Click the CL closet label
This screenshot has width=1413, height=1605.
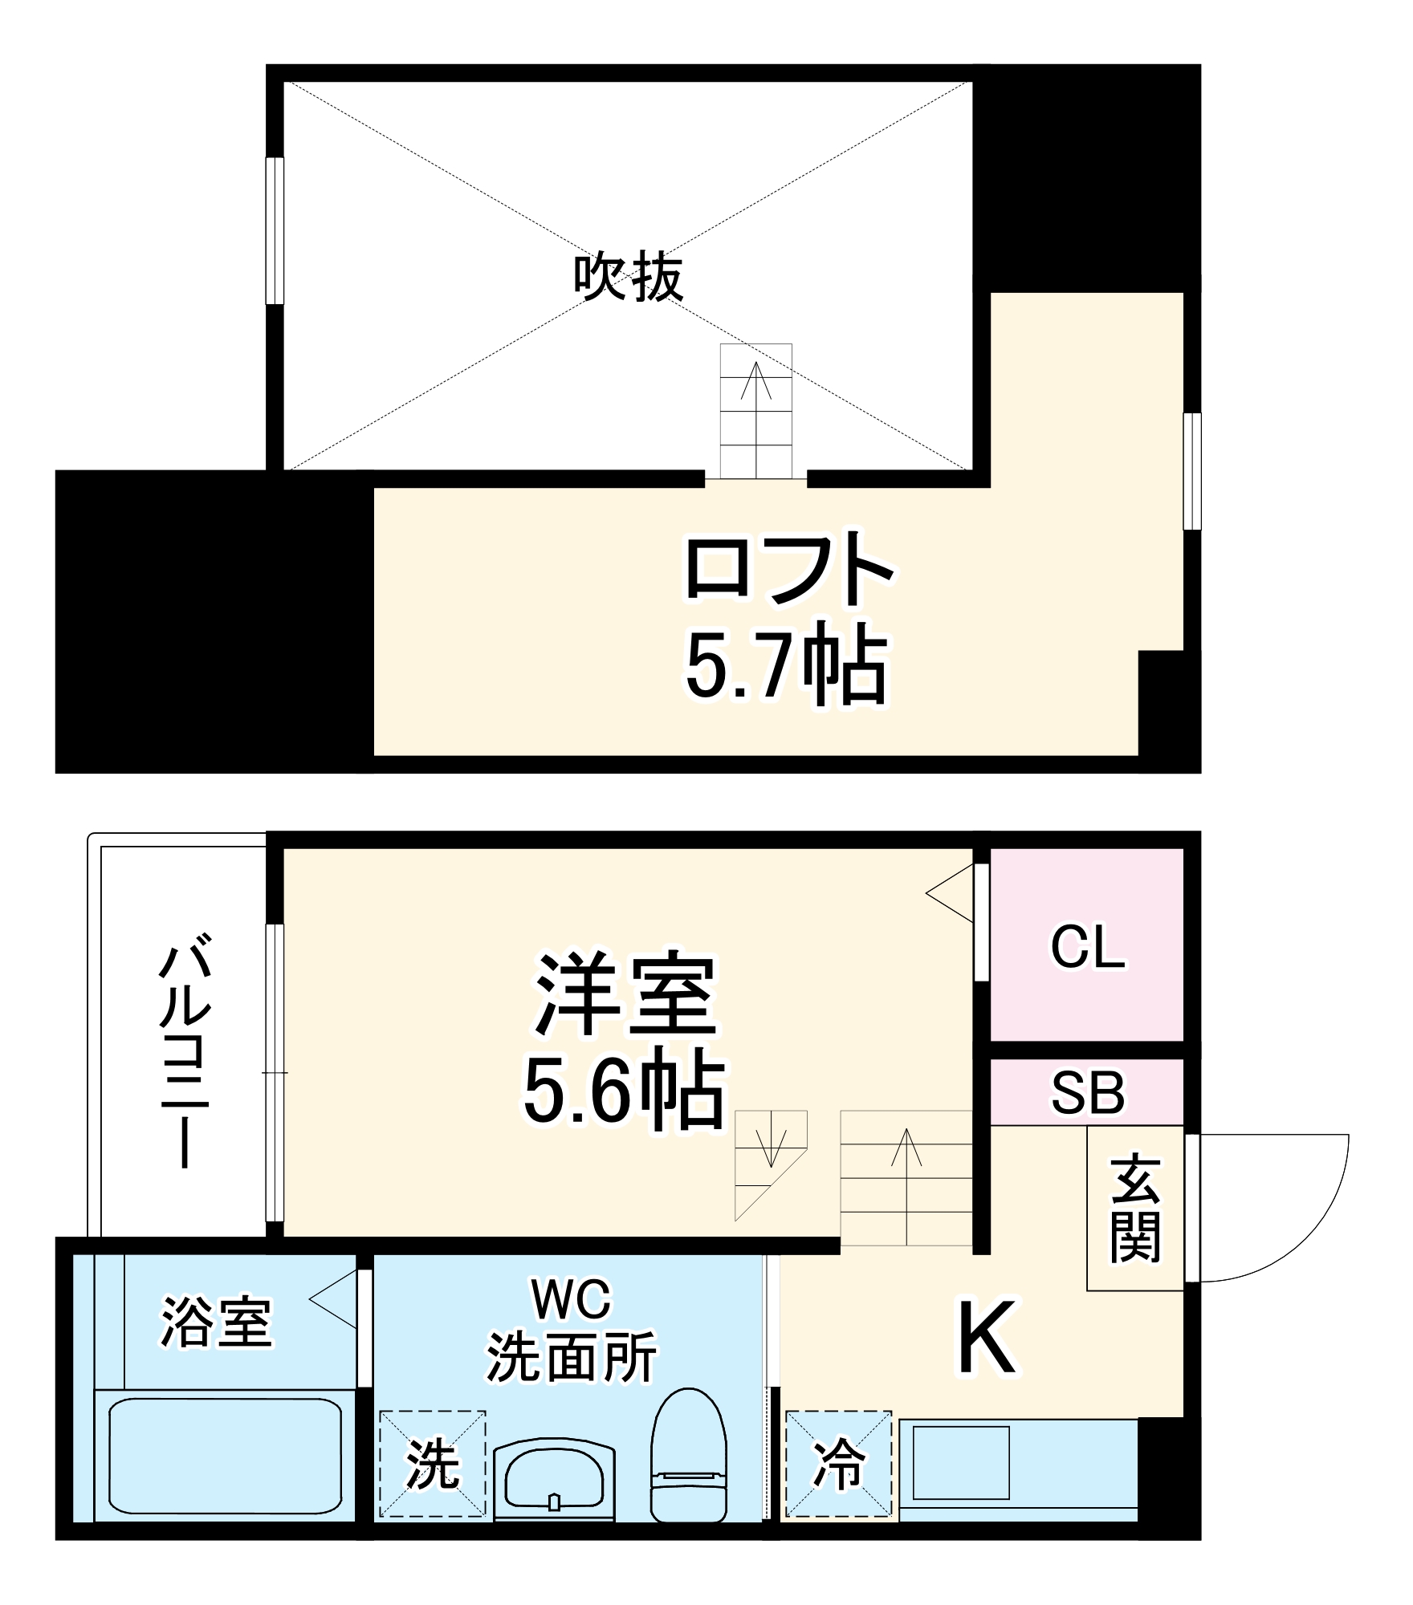tap(1087, 948)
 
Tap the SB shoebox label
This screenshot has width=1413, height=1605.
tap(1088, 1092)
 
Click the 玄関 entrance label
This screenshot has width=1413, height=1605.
tap(1135, 1208)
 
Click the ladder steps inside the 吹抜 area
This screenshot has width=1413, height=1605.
tap(755, 411)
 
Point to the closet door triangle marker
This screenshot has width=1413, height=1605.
tap(951, 893)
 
